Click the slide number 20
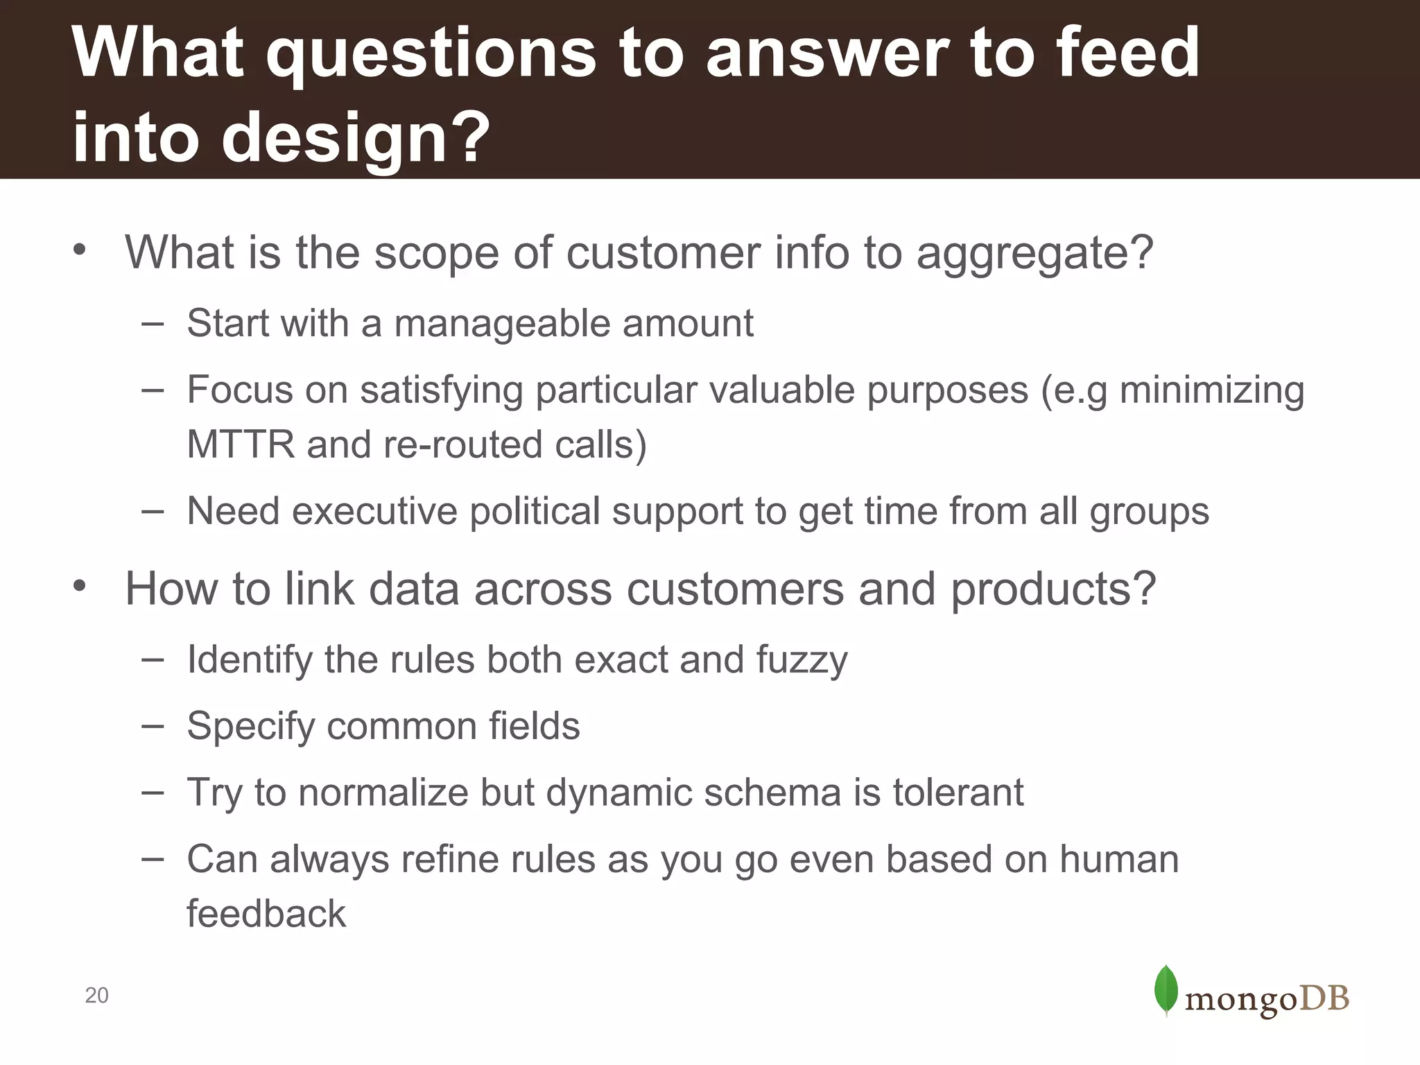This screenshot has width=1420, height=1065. (x=96, y=996)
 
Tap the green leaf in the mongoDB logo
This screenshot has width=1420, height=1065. (x=1166, y=990)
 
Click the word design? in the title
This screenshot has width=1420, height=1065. (x=356, y=139)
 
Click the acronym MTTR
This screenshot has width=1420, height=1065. (x=241, y=444)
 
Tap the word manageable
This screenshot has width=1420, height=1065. (x=502, y=324)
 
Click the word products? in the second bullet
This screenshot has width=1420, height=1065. (x=1053, y=590)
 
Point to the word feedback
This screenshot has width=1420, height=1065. (x=266, y=914)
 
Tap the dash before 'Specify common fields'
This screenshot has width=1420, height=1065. (x=152, y=726)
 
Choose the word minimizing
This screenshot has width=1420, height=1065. (x=1212, y=390)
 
